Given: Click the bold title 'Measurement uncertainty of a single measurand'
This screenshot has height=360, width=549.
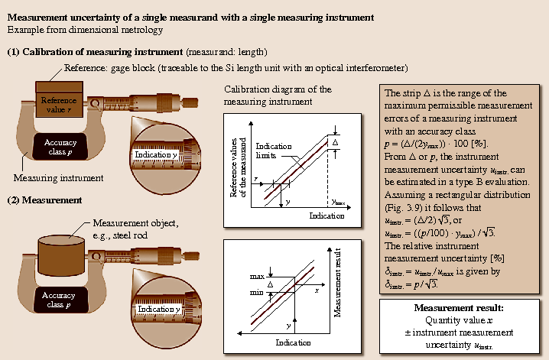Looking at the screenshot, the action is tap(191, 15).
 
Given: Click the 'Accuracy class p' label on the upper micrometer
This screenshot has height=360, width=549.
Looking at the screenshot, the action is tap(60, 148).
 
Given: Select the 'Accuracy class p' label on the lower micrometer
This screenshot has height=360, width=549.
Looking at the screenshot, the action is tap(60, 300).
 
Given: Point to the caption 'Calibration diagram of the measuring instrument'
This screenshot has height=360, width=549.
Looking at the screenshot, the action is tap(277, 95).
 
